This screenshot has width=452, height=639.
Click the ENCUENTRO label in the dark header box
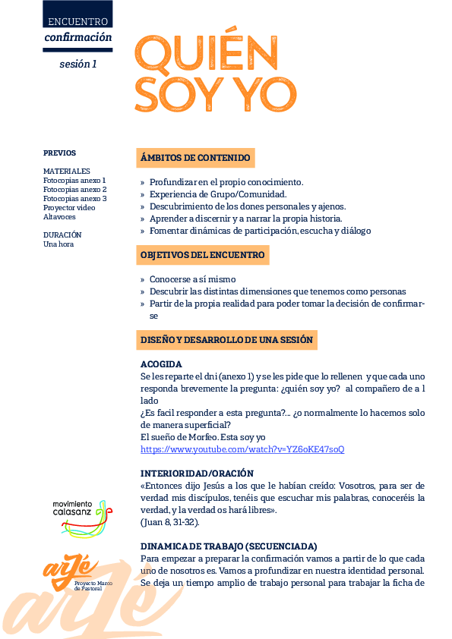tap(77, 22)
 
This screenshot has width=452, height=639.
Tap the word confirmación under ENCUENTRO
tap(77, 37)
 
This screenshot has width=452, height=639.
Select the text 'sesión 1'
tap(77, 65)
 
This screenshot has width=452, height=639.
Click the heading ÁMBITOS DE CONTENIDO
tap(195, 158)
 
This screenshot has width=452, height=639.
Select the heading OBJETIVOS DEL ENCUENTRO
tap(203, 255)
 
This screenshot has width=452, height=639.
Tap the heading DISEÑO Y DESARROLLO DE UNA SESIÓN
tap(226, 340)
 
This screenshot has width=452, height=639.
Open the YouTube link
tap(242, 449)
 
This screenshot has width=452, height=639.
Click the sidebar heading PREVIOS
tap(59, 153)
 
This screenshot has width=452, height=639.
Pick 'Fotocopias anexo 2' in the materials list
tap(74, 189)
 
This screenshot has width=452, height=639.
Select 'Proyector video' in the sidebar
tap(69, 207)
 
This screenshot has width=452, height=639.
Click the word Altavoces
tap(59, 216)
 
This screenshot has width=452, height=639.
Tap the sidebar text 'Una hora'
tap(58, 244)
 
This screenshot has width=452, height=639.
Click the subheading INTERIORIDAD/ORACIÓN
tap(197, 474)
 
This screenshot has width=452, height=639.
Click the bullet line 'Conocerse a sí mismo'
tap(192, 279)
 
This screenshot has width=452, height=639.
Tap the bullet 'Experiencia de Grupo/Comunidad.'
tap(217, 194)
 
